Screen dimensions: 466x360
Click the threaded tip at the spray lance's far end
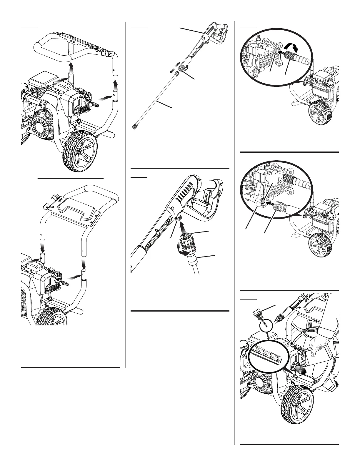point(134,127)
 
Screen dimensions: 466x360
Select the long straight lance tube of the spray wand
point(156,99)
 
